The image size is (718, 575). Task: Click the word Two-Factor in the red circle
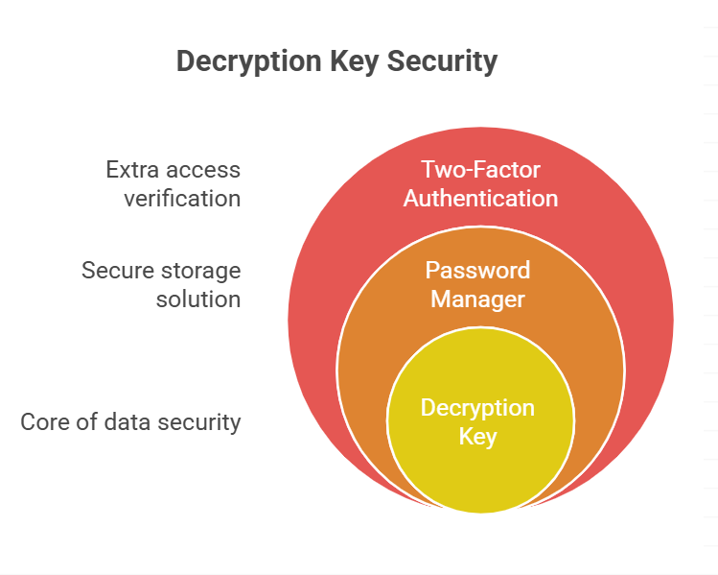pos(480,170)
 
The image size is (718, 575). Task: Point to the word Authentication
pos(480,199)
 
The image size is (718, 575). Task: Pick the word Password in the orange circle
pos(477,270)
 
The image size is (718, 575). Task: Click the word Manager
pos(477,299)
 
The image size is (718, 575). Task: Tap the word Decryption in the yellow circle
pos(477,408)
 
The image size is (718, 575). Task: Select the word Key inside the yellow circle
pos(477,437)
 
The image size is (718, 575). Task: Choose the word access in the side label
pos(204,170)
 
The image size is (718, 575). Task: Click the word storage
pos(196,270)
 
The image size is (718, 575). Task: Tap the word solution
pos(198,299)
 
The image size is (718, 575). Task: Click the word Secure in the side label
pos(112,270)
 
